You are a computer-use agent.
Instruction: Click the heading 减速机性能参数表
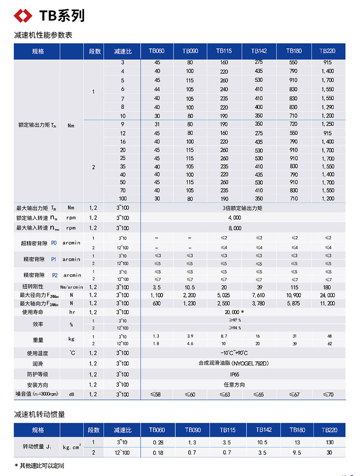coord(43,35)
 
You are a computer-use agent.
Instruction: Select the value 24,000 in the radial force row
coord(328,295)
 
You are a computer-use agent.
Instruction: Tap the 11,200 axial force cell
coord(328,303)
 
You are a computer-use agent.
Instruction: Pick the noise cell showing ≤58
coord(156,394)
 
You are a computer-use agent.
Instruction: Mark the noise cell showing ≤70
coord(328,394)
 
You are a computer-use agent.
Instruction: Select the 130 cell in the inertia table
coord(329,442)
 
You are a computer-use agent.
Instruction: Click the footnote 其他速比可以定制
coord(42,465)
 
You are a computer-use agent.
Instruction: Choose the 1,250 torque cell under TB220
coord(328,124)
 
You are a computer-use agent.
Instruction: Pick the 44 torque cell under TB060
coord(157,89)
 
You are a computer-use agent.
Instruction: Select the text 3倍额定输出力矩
coord(243,208)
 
